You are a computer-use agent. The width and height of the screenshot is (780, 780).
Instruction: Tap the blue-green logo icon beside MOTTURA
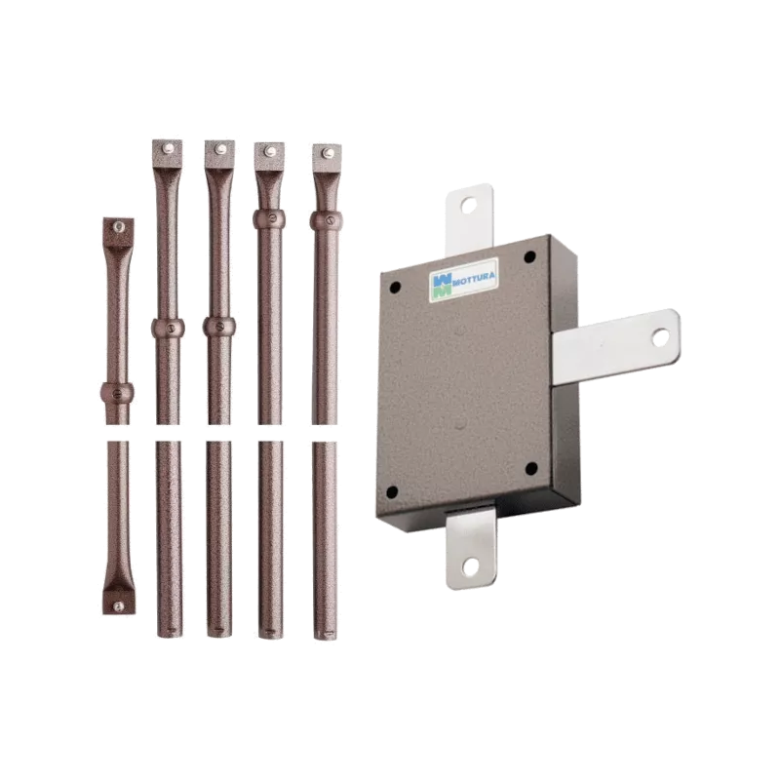[x=441, y=284]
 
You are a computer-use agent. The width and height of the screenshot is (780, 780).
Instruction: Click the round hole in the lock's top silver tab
[x=470, y=204]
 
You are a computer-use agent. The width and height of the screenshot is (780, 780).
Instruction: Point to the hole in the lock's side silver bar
[x=659, y=336]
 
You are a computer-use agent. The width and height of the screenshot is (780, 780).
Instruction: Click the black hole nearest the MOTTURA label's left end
[x=396, y=283]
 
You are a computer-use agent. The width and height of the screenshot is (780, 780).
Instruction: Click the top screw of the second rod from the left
[x=168, y=148]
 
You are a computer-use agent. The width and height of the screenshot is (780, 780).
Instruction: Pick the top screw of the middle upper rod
[x=219, y=149]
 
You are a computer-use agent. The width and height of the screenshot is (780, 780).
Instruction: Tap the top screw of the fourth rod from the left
[x=270, y=151]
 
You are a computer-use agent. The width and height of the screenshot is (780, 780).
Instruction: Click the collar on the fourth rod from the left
[x=270, y=218]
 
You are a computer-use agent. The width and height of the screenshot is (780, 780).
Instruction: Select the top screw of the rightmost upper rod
[x=325, y=152]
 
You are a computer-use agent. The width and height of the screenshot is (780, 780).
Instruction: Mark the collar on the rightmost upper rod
[x=325, y=219]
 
